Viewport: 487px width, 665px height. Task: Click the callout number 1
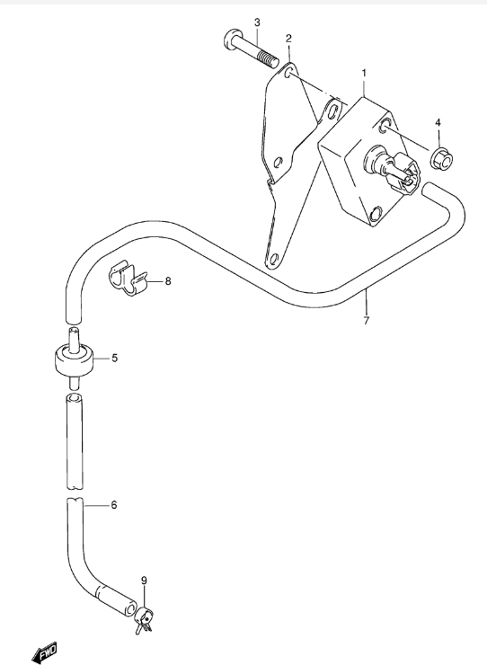364,74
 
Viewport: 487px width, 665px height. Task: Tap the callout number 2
289,39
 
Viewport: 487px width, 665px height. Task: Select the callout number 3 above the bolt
257,22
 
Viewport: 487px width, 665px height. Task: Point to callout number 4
438,123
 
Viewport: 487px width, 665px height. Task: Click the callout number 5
114,359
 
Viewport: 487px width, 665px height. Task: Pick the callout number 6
114,505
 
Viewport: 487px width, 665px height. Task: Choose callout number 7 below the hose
367,320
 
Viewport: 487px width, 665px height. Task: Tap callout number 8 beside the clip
168,281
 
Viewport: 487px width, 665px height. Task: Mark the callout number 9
144,581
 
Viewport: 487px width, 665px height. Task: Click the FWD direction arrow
44,652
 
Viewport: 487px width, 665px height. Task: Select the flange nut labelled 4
441,159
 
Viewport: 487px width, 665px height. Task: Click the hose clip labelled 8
127,279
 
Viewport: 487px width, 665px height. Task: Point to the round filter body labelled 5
74,359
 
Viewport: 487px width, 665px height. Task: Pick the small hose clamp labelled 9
144,620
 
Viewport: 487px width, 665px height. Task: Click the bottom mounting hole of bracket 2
274,259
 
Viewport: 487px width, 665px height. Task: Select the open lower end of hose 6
129,609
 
